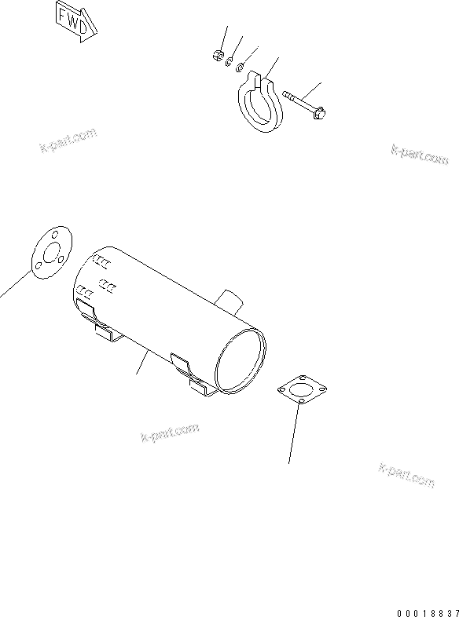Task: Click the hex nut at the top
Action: pos(216,56)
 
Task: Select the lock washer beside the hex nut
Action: pos(229,60)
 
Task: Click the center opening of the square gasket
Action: pos(303,390)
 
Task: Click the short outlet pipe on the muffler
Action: pos(229,299)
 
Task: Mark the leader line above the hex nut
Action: pos(222,38)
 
